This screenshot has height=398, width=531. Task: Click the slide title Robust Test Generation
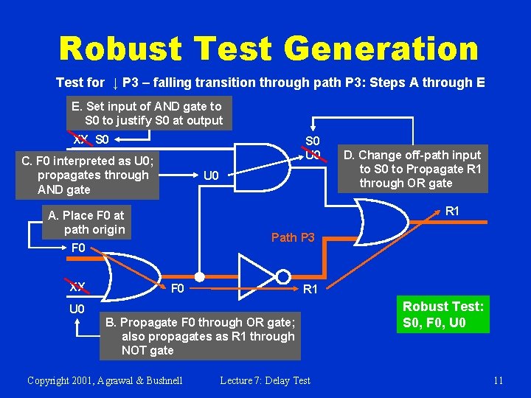point(268,49)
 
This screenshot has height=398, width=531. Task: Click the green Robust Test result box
point(443,315)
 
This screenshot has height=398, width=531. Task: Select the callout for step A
point(86,223)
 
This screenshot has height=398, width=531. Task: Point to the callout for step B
point(200,336)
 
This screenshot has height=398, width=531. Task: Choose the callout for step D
point(420,169)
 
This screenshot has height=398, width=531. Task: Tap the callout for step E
point(147,114)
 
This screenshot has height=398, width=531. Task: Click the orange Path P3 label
point(293,237)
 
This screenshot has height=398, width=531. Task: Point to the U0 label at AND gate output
point(211,175)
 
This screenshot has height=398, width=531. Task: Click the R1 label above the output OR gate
point(453,212)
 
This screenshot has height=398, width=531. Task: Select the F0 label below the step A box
point(77,248)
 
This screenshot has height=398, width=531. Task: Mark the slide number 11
point(498,380)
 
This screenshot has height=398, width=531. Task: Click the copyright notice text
point(105,380)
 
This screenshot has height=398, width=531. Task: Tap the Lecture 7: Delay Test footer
point(265,380)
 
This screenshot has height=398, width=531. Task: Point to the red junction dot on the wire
point(198,275)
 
